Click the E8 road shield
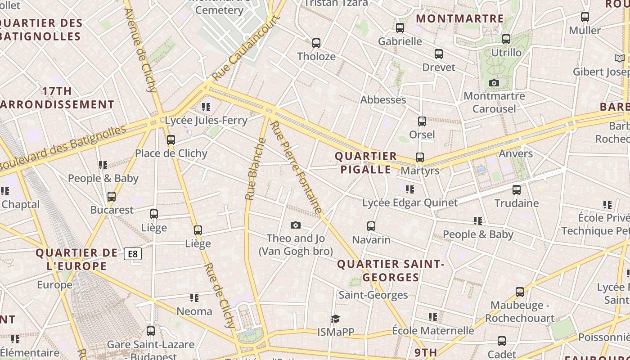coord(133,254)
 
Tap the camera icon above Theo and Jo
coord(296,225)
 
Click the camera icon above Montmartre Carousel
coord(494,83)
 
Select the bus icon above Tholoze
coord(316,43)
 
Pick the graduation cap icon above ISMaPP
coord(335,319)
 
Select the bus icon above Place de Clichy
coord(171,140)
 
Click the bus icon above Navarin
coord(371,226)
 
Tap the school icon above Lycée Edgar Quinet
coord(409,189)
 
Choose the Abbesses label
coord(383,100)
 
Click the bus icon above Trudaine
coord(517,190)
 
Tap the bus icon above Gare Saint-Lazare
coord(151,331)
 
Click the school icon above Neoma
coord(194,298)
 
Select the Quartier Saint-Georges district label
coord(391,270)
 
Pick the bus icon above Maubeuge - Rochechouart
coord(520,292)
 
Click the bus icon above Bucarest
coord(112,197)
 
